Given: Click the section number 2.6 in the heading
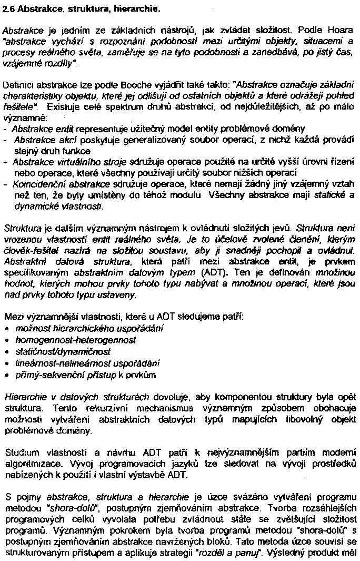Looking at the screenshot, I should pyautogui.click(x=8, y=9).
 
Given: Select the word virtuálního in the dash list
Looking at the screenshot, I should pyautogui.click(x=68, y=162).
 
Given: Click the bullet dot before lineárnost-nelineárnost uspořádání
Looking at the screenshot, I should pyautogui.click(x=6, y=363).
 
